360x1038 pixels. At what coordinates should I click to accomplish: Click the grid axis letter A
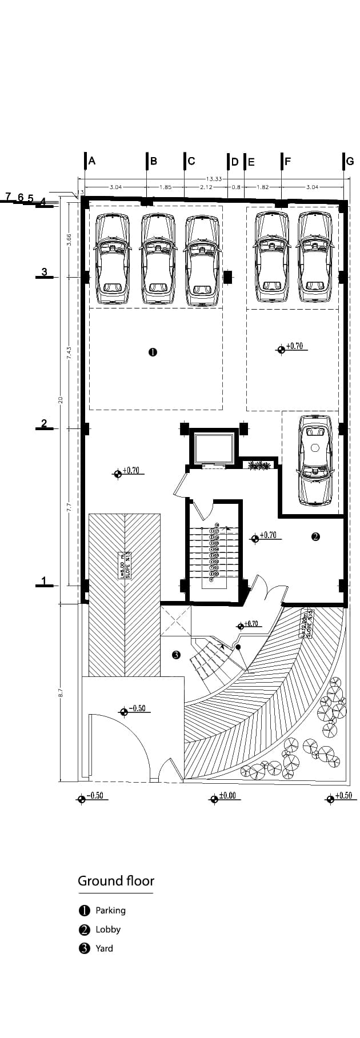coord(92,161)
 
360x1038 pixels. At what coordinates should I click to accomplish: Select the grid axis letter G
coord(350,161)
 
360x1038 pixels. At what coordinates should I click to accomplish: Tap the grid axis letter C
coord(191,161)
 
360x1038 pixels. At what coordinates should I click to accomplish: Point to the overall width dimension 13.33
coord(214,179)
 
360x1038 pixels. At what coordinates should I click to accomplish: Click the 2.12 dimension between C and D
coord(206,187)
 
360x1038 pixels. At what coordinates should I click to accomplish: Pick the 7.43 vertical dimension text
coord(69,352)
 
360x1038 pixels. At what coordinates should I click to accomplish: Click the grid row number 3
coord(45,271)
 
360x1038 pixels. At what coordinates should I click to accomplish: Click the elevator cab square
coord(214,448)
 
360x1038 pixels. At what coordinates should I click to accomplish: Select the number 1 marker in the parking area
coord(153,352)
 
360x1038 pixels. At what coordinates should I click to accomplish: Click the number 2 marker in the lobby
coord(315,536)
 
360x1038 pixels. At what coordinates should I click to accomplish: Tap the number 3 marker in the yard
coord(176,655)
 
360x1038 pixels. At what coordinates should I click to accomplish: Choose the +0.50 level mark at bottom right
coord(343,796)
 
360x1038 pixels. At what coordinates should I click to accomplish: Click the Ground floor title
coord(116,880)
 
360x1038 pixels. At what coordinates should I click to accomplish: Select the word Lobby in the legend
coord(108,929)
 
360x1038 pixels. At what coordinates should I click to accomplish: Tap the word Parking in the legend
coord(110,911)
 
